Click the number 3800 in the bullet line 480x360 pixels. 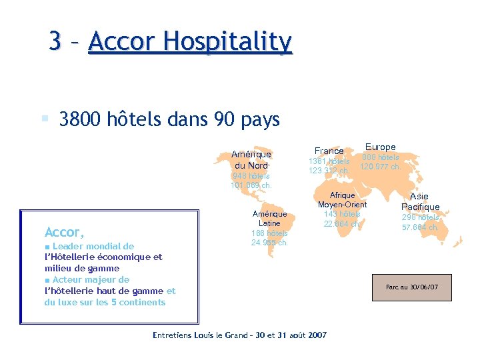click(79, 120)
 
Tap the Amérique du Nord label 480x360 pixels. click(251, 160)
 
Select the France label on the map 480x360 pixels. click(329, 151)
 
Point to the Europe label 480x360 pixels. click(380, 147)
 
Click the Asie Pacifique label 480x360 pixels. click(420, 202)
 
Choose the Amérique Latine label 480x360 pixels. click(269, 219)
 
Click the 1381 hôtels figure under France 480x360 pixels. click(329, 161)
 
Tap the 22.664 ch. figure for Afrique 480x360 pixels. click(342, 224)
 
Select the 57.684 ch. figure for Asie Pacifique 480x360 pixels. click(420, 227)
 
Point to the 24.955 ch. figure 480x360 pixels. click(269, 243)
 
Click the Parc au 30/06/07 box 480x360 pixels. click(411, 287)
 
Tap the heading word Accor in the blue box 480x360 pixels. click(63, 233)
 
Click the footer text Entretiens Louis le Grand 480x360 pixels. click(210, 335)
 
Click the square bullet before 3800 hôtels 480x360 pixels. click(45, 119)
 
